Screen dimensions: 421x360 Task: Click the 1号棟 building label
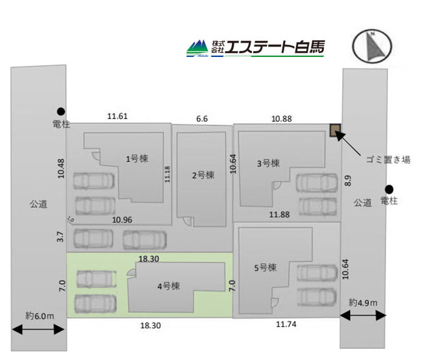click(x=137, y=159)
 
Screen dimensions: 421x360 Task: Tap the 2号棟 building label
click(x=203, y=175)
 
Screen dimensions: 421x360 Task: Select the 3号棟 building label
click(x=268, y=163)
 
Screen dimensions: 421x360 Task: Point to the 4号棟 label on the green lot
click(x=168, y=286)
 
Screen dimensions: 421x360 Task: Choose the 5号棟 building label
click(x=266, y=267)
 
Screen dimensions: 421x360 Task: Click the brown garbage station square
click(x=335, y=130)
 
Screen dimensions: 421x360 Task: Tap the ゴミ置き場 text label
click(x=388, y=160)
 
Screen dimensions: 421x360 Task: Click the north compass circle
click(x=372, y=46)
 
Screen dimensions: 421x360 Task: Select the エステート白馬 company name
click(x=275, y=47)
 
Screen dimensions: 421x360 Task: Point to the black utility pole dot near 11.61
click(x=61, y=111)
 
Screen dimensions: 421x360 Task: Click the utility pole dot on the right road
click(x=389, y=189)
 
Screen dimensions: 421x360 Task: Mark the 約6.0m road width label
click(x=40, y=316)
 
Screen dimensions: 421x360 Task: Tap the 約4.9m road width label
click(x=363, y=302)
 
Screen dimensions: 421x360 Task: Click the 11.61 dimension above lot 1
click(x=117, y=117)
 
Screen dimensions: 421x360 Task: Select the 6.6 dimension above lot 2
click(x=202, y=118)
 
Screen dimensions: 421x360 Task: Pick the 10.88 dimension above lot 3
click(x=281, y=118)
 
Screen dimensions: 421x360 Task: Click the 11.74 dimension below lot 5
click(x=286, y=324)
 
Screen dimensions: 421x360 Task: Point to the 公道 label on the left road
click(x=38, y=204)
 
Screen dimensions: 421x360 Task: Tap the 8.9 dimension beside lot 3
click(x=348, y=181)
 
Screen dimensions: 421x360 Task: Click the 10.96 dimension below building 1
click(x=122, y=220)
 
